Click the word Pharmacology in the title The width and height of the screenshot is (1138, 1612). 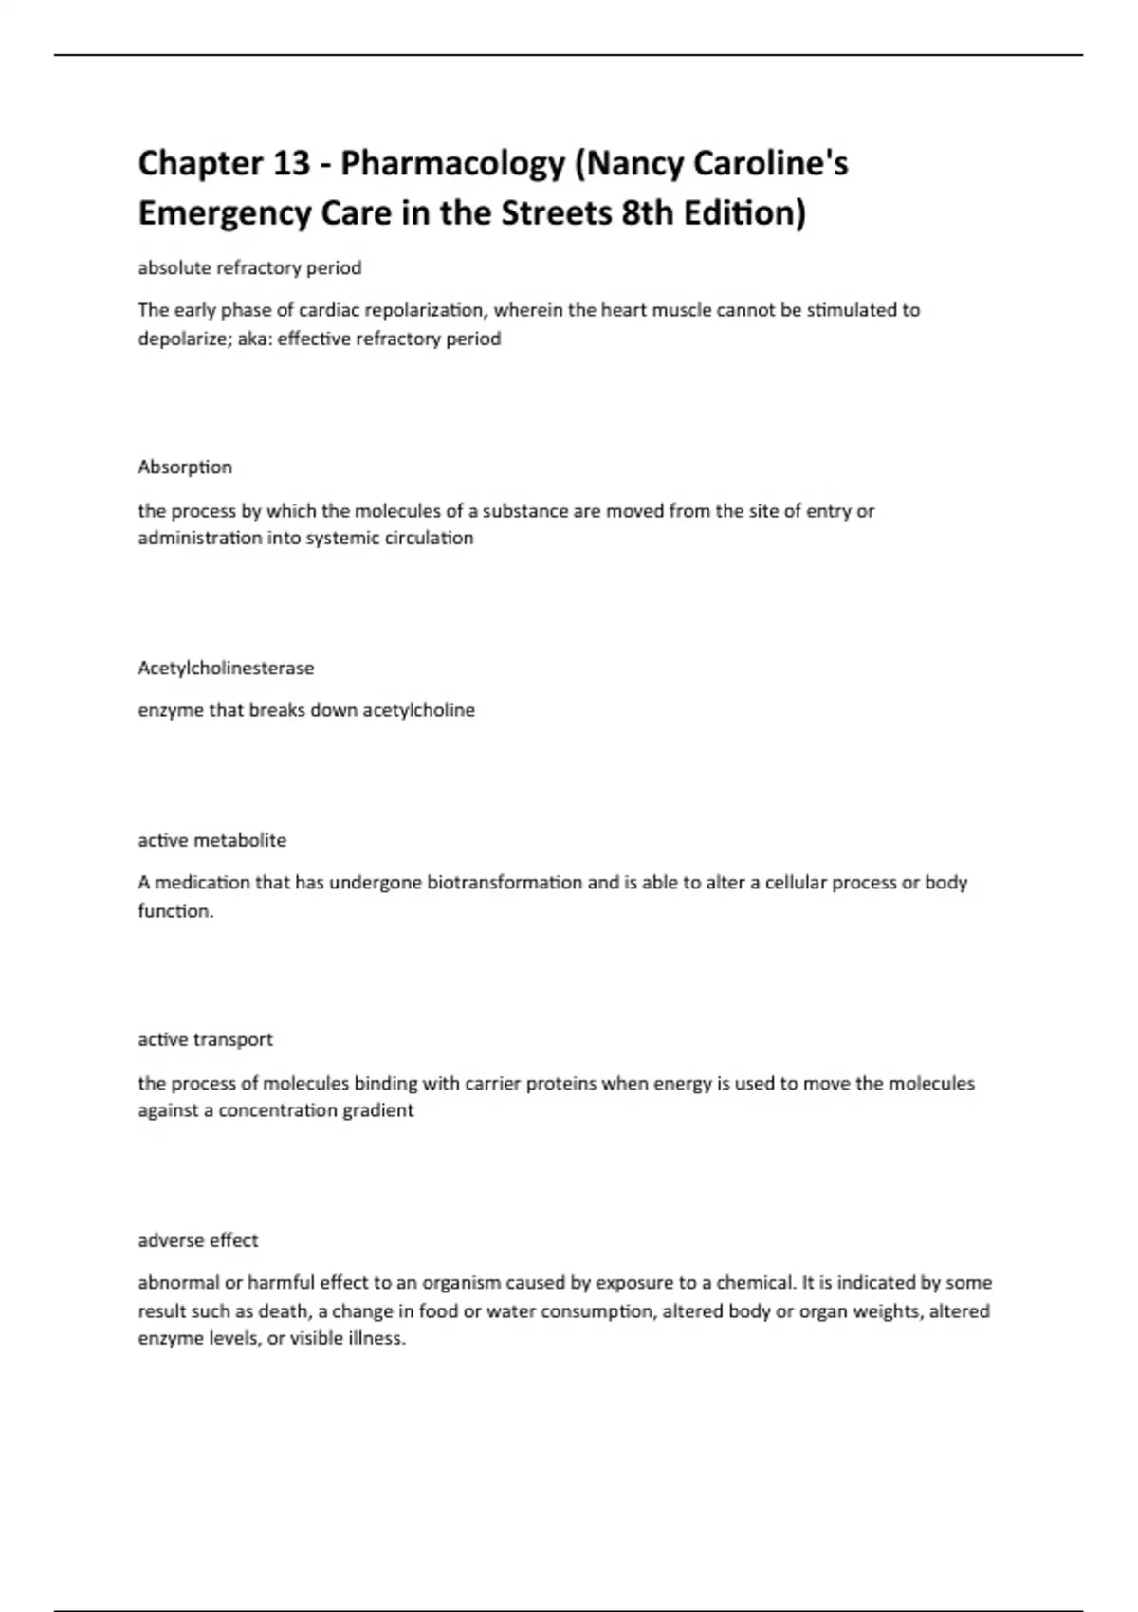point(452,164)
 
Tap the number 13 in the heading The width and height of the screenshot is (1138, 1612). point(291,163)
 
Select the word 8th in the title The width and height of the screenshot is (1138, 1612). point(649,212)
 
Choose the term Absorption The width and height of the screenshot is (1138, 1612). point(185,467)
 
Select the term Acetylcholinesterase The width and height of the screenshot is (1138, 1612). point(226,668)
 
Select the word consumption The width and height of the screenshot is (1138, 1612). point(590,1311)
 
